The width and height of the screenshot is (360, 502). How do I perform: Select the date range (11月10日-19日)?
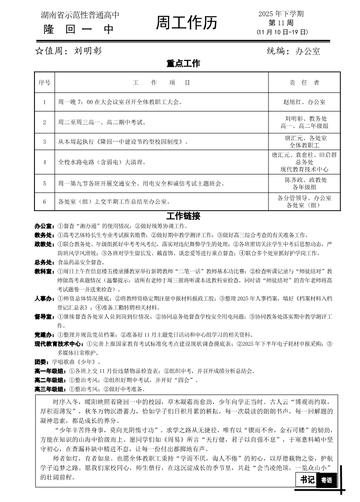point(282,32)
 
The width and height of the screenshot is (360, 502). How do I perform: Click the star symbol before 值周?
point(39,51)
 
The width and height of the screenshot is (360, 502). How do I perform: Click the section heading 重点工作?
point(183,64)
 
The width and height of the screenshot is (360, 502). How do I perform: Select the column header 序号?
point(44,82)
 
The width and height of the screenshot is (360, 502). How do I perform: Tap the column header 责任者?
point(304,82)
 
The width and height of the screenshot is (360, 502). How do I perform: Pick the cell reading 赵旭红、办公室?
point(304,102)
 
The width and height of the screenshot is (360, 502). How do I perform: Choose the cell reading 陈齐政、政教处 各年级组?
point(304,183)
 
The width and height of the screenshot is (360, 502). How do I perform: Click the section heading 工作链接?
point(183,216)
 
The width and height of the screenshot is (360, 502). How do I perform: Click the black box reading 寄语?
point(326,480)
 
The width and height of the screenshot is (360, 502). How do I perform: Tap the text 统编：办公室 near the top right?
point(293,51)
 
